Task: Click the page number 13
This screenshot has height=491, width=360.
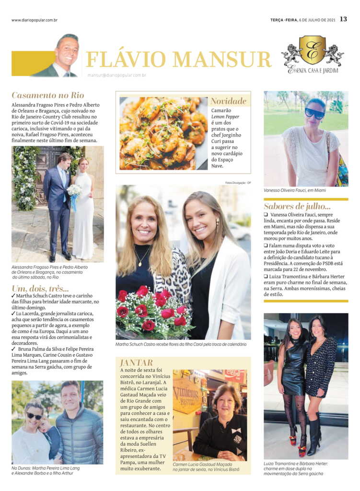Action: (343, 19)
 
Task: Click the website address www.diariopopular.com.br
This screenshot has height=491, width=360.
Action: (35, 20)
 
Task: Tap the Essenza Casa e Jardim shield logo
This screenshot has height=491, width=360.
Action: (313, 50)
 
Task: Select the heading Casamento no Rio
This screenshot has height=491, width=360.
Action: (48, 95)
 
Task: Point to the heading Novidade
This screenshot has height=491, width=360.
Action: (228, 101)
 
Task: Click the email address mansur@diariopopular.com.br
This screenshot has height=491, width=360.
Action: (116, 75)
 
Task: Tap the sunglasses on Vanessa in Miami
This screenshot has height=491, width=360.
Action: (314, 114)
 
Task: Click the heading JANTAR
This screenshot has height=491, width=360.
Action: (137, 362)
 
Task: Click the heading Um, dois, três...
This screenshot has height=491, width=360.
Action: (40, 288)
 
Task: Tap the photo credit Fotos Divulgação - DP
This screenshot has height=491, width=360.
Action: (238, 182)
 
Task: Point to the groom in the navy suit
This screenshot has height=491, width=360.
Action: (59, 201)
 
